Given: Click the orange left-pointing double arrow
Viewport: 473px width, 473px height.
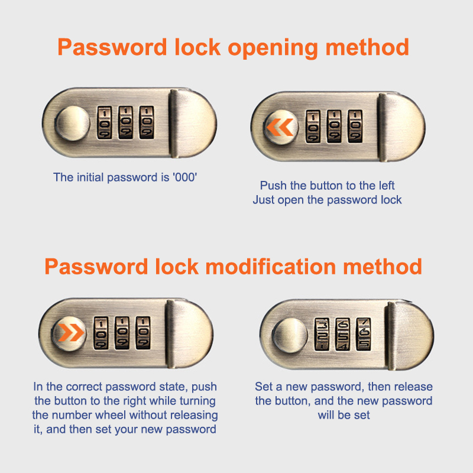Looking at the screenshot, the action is tap(280, 127).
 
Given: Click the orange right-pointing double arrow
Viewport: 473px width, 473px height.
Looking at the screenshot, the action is tap(71, 333).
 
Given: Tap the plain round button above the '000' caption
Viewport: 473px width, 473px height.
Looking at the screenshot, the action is tap(72, 124).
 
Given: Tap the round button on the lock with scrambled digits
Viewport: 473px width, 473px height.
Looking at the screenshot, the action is tap(290, 335).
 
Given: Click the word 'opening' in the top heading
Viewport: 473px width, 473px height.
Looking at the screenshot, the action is tap(273, 48).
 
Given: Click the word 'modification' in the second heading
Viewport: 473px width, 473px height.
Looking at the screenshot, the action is tap(271, 267).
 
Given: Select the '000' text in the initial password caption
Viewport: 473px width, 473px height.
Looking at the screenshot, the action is tap(185, 177).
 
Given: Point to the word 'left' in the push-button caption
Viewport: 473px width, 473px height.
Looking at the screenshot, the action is tap(386, 186).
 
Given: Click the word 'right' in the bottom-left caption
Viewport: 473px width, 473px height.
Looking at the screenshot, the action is tap(135, 401).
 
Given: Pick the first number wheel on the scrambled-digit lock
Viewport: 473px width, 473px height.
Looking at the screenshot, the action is tap(322, 334).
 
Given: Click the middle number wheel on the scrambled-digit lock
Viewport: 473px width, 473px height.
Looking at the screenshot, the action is tap(343, 334).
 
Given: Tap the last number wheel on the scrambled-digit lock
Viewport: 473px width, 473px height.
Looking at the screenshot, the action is tap(364, 334).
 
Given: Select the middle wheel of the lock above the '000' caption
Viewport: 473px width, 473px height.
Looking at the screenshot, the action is tap(125, 122).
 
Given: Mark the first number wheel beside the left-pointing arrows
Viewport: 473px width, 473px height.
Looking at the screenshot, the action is tap(313, 126).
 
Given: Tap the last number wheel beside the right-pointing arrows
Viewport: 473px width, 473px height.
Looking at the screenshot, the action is tap(143, 333).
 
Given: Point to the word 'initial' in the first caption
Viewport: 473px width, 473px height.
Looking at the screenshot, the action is tap(90, 177).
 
